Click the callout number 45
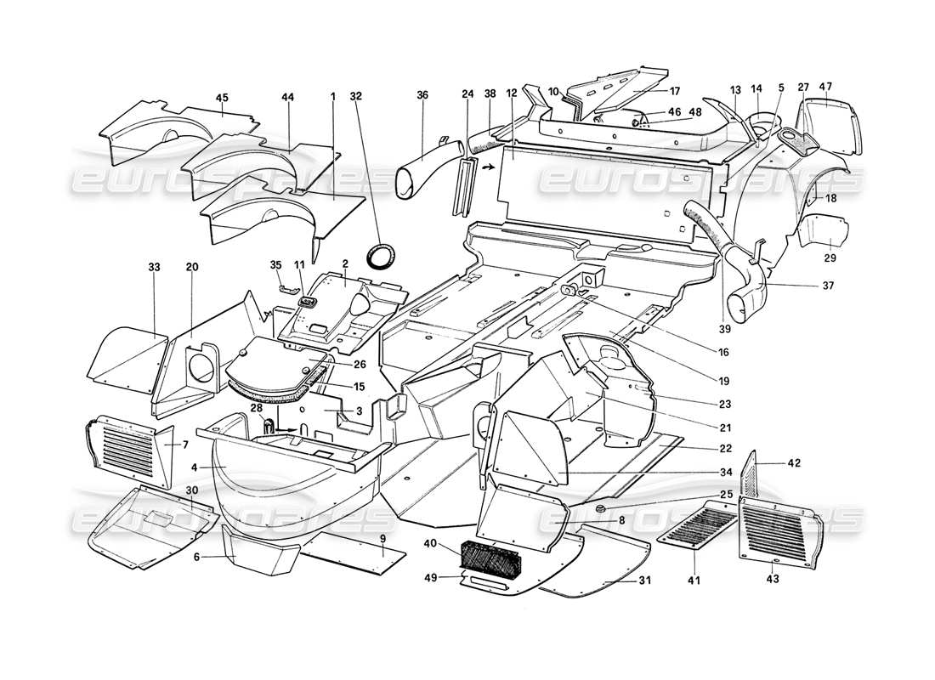(x=222, y=99)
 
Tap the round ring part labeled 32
(x=381, y=255)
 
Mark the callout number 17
(x=675, y=91)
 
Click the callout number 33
(x=154, y=268)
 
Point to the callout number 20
(x=192, y=268)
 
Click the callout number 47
(x=825, y=87)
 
